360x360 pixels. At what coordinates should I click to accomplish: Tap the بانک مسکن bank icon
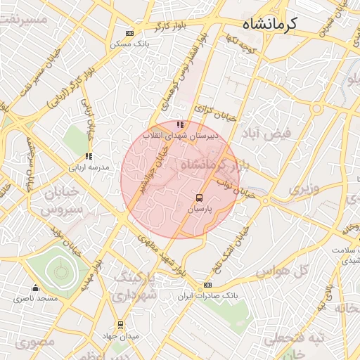click(x=129, y=33)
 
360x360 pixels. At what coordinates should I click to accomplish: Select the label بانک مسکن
click(x=127, y=44)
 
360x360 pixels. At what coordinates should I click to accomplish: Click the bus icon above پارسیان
click(x=199, y=198)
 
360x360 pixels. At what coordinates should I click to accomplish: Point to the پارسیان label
click(x=199, y=209)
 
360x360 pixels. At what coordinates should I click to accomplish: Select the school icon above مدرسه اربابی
click(x=89, y=157)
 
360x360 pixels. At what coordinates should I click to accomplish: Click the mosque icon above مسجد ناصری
click(x=35, y=288)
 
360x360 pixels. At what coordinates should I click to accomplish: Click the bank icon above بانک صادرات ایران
click(x=207, y=285)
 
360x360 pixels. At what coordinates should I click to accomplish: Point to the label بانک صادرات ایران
click(x=207, y=295)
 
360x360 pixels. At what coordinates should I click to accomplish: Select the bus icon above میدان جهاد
click(x=120, y=325)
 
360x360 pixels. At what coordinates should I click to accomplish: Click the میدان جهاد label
click(x=121, y=335)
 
